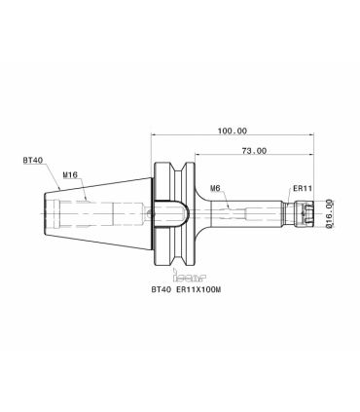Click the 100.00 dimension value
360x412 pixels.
point(233,131)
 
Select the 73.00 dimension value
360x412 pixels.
point(254,151)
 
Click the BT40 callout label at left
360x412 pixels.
point(33,160)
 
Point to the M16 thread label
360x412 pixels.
point(70,175)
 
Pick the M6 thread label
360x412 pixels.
point(215,188)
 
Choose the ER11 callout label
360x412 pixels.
point(303,188)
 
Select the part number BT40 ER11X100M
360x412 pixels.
point(186,289)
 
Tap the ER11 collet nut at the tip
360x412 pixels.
point(304,213)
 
